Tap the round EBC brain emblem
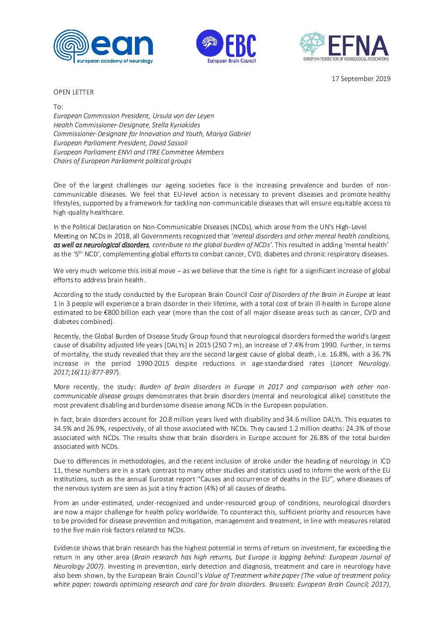tap(209, 43)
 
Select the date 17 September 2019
tap(361, 78)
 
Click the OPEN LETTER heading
tap(74, 92)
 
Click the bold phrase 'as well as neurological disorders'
tap(101, 245)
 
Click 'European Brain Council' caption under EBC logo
tap(231, 61)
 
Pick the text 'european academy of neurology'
tap(114, 61)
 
